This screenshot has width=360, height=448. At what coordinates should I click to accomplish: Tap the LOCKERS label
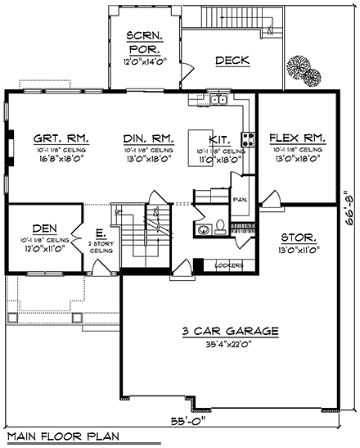click(x=229, y=265)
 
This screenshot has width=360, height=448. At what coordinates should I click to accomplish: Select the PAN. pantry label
click(x=240, y=198)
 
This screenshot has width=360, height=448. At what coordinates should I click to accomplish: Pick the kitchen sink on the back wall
click(x=217, y=101)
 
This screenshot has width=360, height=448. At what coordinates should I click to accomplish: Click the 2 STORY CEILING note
click(x=100, y=246)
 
